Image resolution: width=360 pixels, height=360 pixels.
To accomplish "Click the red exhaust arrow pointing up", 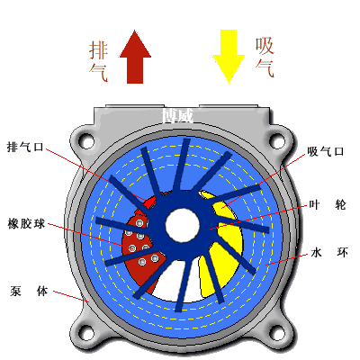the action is click(135, 57).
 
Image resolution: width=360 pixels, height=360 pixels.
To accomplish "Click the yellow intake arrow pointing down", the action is click(229, 57).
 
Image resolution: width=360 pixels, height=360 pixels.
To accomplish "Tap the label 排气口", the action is click(25, 148).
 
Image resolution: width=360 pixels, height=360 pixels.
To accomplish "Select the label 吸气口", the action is click(326, 151).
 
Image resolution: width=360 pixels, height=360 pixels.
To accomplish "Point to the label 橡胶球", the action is click(26, 224).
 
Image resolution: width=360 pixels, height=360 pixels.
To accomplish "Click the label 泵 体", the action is click(29, 291).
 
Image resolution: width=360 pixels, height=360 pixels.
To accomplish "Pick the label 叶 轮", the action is click(328, 205).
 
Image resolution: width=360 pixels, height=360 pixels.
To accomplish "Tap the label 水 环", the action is click(329, 252).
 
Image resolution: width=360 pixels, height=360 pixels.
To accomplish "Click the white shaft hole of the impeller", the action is click(183, 225).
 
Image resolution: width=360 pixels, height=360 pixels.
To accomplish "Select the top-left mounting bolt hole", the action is click(87, 140).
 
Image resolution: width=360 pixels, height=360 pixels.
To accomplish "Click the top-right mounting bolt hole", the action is click(277, 140).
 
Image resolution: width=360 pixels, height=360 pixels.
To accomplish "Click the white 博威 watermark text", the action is click(177, 115).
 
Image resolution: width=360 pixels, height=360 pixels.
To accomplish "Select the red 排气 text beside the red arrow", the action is click(98, 61).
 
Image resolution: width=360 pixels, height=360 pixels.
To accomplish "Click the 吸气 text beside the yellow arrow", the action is click(265, 57).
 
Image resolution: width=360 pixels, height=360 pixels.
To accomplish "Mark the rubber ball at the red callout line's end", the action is click(132, 248).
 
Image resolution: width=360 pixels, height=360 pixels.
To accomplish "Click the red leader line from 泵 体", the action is click(71, 296).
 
